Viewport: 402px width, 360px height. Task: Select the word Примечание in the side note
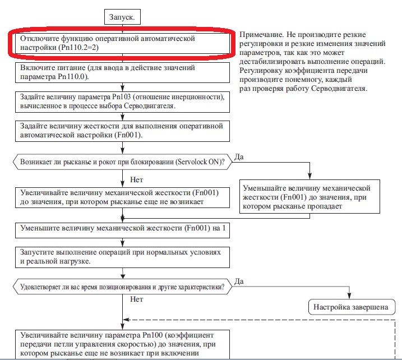point(265,34)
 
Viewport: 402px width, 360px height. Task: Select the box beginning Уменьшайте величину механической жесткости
point(313,196)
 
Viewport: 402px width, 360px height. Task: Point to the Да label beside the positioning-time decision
point(240,280)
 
